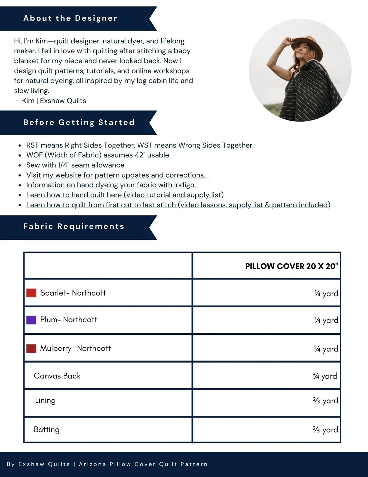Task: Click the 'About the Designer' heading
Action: click(x=70, y=18)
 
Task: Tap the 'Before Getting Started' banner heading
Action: click(x=79, y=122)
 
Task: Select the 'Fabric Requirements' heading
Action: click(x=74, y=226)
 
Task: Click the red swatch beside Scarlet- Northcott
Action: click(x=31, y=293)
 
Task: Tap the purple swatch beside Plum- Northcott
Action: click(x=31, y=320)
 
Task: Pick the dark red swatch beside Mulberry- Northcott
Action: click(x=31, y=348)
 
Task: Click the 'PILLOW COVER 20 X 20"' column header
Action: click(x=292, y=266)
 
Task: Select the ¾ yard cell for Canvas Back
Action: click(x=325, y=376)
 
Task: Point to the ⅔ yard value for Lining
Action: click(x=325, y=401)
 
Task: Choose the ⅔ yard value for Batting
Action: click(x=325, y=430)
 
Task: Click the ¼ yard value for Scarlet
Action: click(x=326, y=293)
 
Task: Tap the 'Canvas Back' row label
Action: click(x=57, y=376)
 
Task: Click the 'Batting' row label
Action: click(x=47, y=429)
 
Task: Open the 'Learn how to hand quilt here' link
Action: click(x=125, y=195)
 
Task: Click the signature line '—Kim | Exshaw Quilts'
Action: click(x=51, y=101)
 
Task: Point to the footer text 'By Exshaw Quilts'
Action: click(x=38, y=464)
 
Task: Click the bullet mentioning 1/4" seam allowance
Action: click(x=75, y=165)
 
